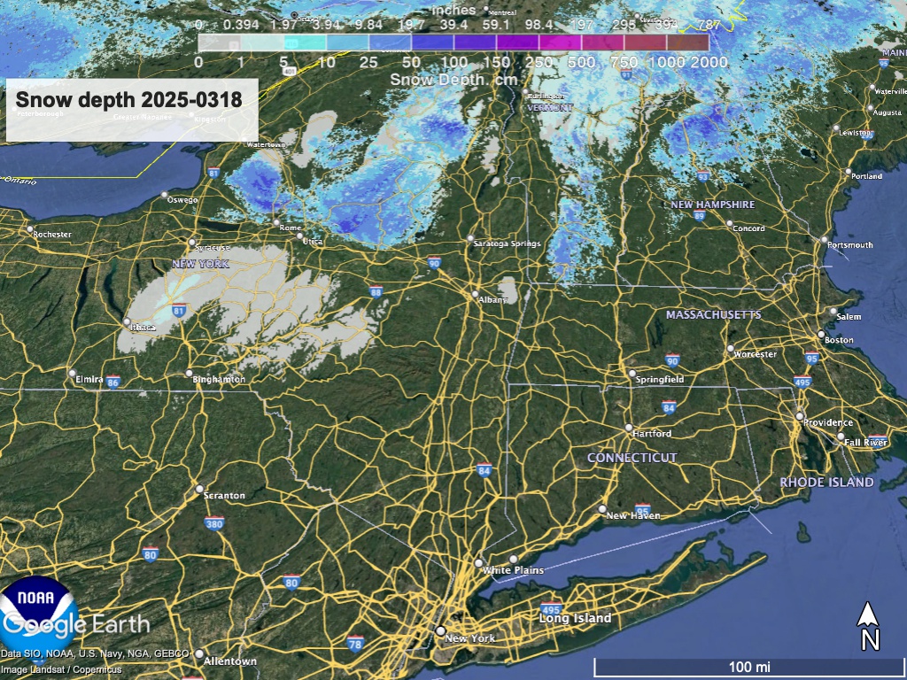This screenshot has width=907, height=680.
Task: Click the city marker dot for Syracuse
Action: point(192,242)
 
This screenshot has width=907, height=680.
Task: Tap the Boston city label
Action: point(839,340)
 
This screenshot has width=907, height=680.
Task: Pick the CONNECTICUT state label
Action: point(632,458)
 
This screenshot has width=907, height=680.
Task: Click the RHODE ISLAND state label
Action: point(826,483)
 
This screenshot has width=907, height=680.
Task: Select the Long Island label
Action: point(576,618)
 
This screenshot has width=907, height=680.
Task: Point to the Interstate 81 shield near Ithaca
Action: point(180,310)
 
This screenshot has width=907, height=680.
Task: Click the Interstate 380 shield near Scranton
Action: point(214,523)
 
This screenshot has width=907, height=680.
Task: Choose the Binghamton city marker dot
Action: point(189,373)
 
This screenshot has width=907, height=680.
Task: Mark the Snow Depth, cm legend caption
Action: point(453,79)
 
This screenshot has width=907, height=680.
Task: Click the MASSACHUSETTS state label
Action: point(713,315)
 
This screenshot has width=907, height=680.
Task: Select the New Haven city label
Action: point(633,515)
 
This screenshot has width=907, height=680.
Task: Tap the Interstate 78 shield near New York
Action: point(355,642)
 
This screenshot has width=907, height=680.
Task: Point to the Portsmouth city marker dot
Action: point(824,240)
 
